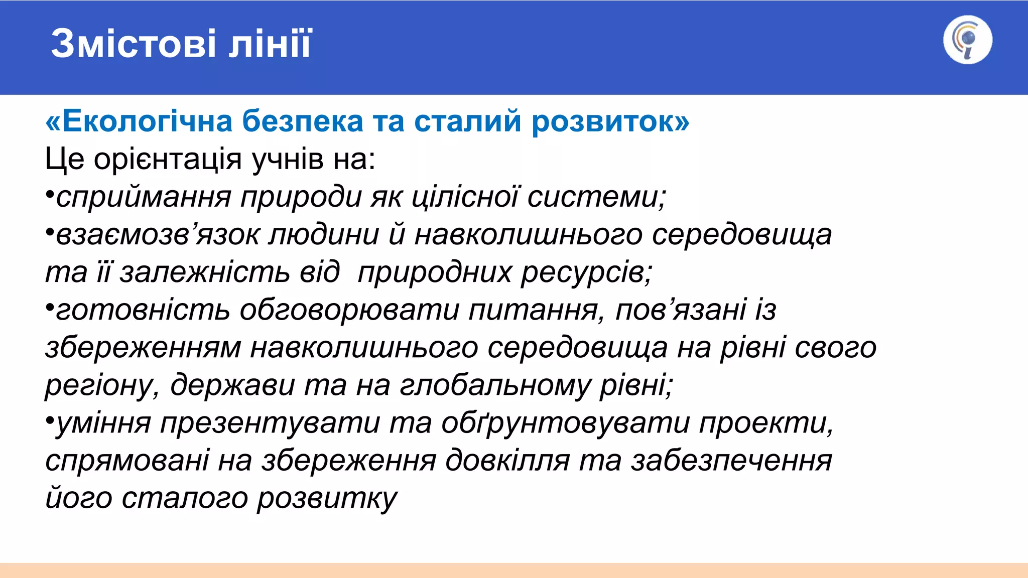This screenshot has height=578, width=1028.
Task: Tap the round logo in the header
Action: point(967,40)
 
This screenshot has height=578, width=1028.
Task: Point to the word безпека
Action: point(302,121)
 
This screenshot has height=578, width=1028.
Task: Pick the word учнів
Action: point(287,160)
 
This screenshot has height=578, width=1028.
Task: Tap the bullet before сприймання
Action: point(49,194)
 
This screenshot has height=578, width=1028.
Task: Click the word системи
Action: point(596,196)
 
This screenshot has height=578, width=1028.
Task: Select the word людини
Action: point(324,234)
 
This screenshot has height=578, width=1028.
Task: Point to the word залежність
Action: point(204,272)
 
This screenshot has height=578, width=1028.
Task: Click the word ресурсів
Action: point(586,272)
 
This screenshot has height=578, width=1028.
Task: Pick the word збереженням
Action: point(143,348)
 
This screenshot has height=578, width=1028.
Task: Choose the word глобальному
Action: point(495,385)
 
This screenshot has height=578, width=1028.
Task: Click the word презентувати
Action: point(270,423)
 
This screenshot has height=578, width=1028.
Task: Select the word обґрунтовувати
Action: point(565,423)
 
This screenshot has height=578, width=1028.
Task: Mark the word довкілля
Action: point(507,461)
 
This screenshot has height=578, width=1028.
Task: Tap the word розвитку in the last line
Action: point(327,498)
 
